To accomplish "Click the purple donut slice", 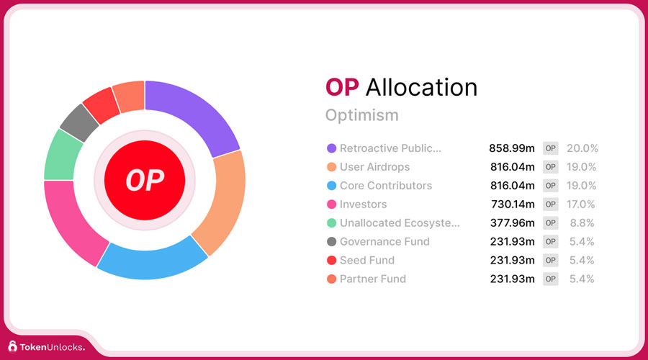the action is pyautogui.click(x=194, y=111).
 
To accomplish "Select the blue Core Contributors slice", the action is pyautogui.click(x=153, y=261).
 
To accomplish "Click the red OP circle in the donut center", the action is pyautogui.click(x=145, y=180).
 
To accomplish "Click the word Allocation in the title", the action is pyautogui.click(x=421, y=88).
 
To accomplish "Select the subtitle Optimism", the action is pyautogui.click(x=362, y=115).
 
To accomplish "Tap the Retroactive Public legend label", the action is pyautogui.click(x=390, y=148).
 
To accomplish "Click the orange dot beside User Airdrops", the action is pyautogui.click(x=331, y=167).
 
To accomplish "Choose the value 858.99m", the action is pyautogui.click(x=512, y=148).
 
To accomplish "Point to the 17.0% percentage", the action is pyautogui.click(x=581, y=204).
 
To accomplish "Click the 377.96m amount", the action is pyautogui.click(x=513, y=223).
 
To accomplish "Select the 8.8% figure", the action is pyautogui.click(x=582, y=223).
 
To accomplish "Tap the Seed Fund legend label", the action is pyautogui.click(x=367, y=261).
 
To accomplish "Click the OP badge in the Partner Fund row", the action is pyautogui.click(x=551, y=279).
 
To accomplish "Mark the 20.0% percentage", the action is pyautogui.click(x=582, y=148).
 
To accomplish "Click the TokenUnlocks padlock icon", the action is pyautogui.click(x=13, y=346).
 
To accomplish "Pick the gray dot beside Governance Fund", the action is pyautogui.click(x=331, y=242).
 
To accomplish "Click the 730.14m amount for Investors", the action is pyautogui.click(x=513, y=204).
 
